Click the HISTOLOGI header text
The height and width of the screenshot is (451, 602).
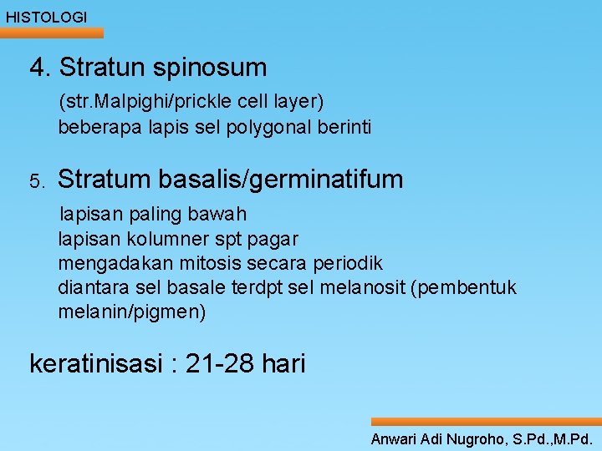point(46,17)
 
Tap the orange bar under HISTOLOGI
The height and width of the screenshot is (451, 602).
point(52,33)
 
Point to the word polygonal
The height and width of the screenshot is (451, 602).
point(272,128)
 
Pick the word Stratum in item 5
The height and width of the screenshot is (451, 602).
point(105,180)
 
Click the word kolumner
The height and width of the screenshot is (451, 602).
point(156,239)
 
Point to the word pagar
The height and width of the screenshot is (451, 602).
point(274,239)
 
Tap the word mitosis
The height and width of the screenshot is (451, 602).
point(194,264)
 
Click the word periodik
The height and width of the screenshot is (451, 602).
point(348,264)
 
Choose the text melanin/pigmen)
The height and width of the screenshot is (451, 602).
point(131,312)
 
